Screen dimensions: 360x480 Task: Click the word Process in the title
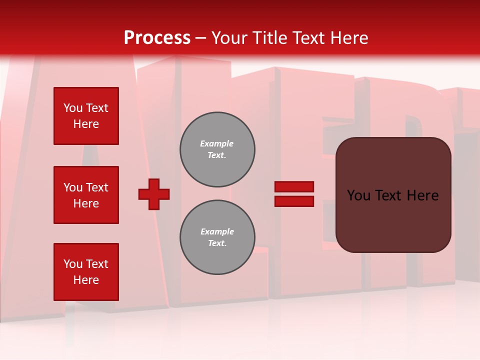pos(157,38)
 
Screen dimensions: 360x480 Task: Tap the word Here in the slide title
pos(349,38)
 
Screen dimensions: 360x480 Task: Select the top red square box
pos(86,116)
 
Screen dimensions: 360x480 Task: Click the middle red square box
pos(86,195)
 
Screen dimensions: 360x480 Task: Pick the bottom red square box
pos(86,271)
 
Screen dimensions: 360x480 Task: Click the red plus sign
pos(154,194)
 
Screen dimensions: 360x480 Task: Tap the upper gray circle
pos(217,149)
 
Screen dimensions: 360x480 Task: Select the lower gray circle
pos(217,237)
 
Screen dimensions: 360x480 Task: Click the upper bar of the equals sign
pos(294,187)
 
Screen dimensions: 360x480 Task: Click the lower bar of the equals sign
pos(294,201)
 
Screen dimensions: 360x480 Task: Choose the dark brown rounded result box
pos(393,220)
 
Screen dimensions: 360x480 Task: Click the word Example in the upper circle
pos(216,144)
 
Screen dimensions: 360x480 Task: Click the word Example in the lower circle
pos(217,232)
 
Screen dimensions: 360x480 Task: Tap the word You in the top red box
pos(72,108)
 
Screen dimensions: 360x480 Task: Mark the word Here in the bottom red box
pos(86,280)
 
